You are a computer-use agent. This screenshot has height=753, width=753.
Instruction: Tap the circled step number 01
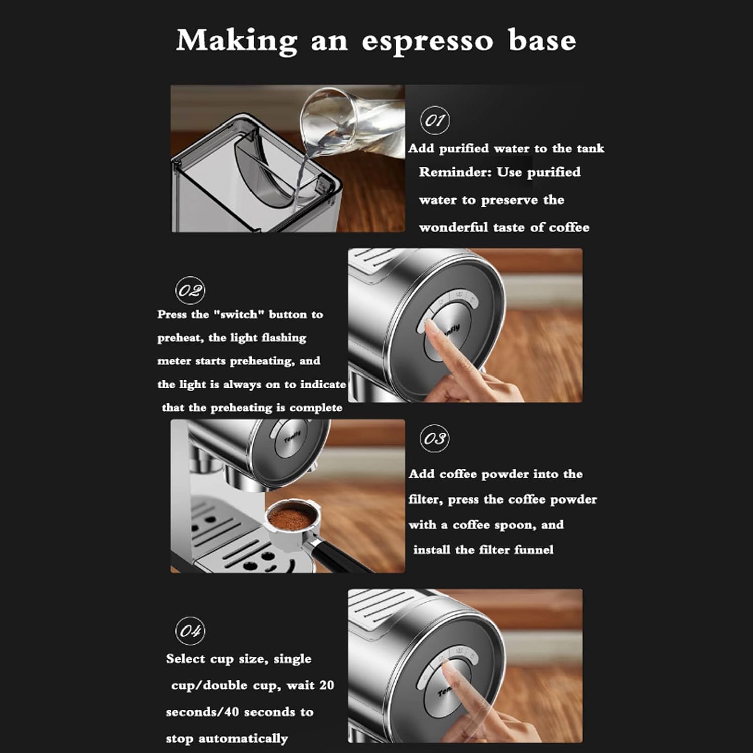[x=434, y=120]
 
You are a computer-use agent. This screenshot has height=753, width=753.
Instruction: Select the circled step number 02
[x=190, y=291]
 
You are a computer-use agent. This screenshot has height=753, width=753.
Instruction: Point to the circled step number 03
[x=434, y=439]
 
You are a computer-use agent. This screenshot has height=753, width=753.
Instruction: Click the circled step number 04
[x=190, y=631]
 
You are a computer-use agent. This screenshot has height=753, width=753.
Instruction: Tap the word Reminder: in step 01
[x=456, y=172]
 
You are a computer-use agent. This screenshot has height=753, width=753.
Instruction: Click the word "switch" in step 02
[x=239, y=315]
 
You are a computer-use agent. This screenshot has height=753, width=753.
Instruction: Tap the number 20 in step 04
[x=326, y=685]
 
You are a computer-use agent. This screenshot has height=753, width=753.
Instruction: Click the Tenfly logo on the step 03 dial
[x=293, y=437]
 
